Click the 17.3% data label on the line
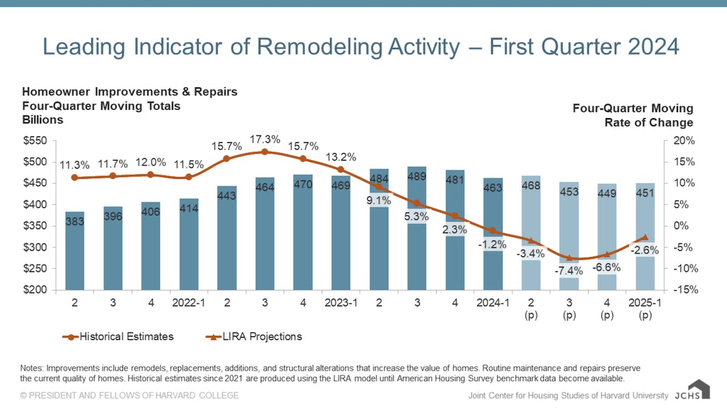point(265,139)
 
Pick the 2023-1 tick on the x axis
point(341,301)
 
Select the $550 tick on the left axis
point(36,141)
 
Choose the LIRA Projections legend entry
point(254,336)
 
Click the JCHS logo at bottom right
point(690,391)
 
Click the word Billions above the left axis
point(42,120)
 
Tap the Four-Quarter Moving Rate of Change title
point(632,115)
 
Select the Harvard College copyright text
point(129,396)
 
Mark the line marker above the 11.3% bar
point(75,178)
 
